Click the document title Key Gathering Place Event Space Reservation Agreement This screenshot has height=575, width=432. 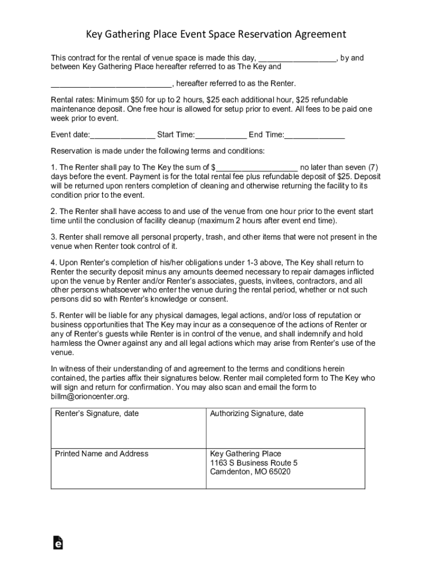point(216,35)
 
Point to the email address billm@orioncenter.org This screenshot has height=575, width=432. point(90,396)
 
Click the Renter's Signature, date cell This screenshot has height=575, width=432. point(128,427)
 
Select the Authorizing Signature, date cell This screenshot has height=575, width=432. point(286,427)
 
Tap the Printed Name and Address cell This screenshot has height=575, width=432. point(128,468)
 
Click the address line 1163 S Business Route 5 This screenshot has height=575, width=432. point(254,463)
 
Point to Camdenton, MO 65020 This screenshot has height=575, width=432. point(250,472)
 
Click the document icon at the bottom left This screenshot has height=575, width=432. point(57,542)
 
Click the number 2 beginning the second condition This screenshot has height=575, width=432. point(53,212)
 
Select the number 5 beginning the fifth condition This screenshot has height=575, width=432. point(53,316)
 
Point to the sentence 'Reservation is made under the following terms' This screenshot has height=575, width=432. point(158,152)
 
